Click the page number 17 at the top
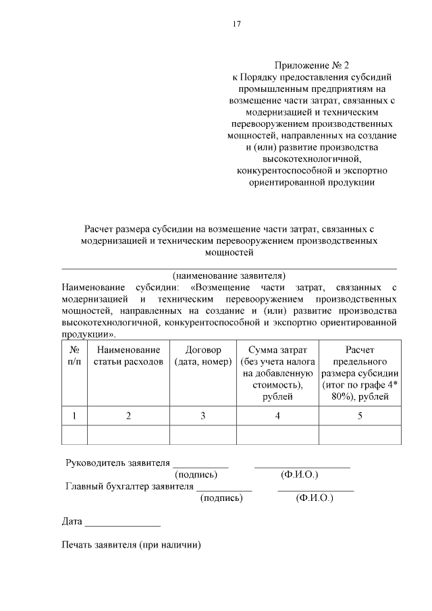tap(237, 24)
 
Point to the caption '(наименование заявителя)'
tap(230, 275)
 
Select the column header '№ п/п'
tap(74, 356)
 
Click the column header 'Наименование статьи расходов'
tap(128, 356)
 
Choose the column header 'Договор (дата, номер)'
tap(202, 356)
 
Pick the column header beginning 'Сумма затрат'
tap(277, 373)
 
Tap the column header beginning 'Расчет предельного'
tap(360, 373)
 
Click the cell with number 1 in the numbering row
tap(74, 415)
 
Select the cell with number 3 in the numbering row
tap(202, 415)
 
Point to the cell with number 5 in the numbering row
tap(360, 415)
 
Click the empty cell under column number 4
tap(277, 435)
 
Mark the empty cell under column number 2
tap(128, 435)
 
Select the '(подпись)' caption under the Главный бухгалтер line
tap(221, 498)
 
